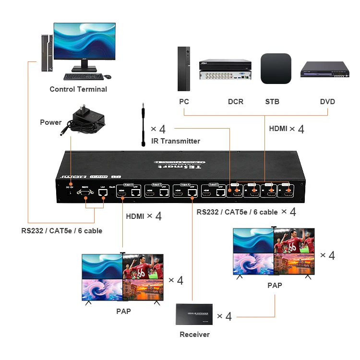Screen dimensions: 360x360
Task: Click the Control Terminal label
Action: (78, 89)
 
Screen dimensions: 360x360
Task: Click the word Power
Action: (51, 122)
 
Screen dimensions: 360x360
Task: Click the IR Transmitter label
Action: (175, 141)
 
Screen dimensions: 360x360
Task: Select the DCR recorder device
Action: (225, 71)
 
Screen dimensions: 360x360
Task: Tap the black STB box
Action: (276, 69)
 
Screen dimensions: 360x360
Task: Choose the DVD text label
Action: (327, 102)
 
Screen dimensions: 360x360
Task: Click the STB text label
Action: (272, 102)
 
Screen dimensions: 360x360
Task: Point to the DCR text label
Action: (236, 102)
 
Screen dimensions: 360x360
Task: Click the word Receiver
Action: (194, 335)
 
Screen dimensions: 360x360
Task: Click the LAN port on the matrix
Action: (102, 192)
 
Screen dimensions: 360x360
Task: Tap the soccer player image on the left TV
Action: (143, 266)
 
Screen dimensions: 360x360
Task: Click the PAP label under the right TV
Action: (275, 285)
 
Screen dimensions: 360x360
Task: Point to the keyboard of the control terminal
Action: (83, 76)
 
